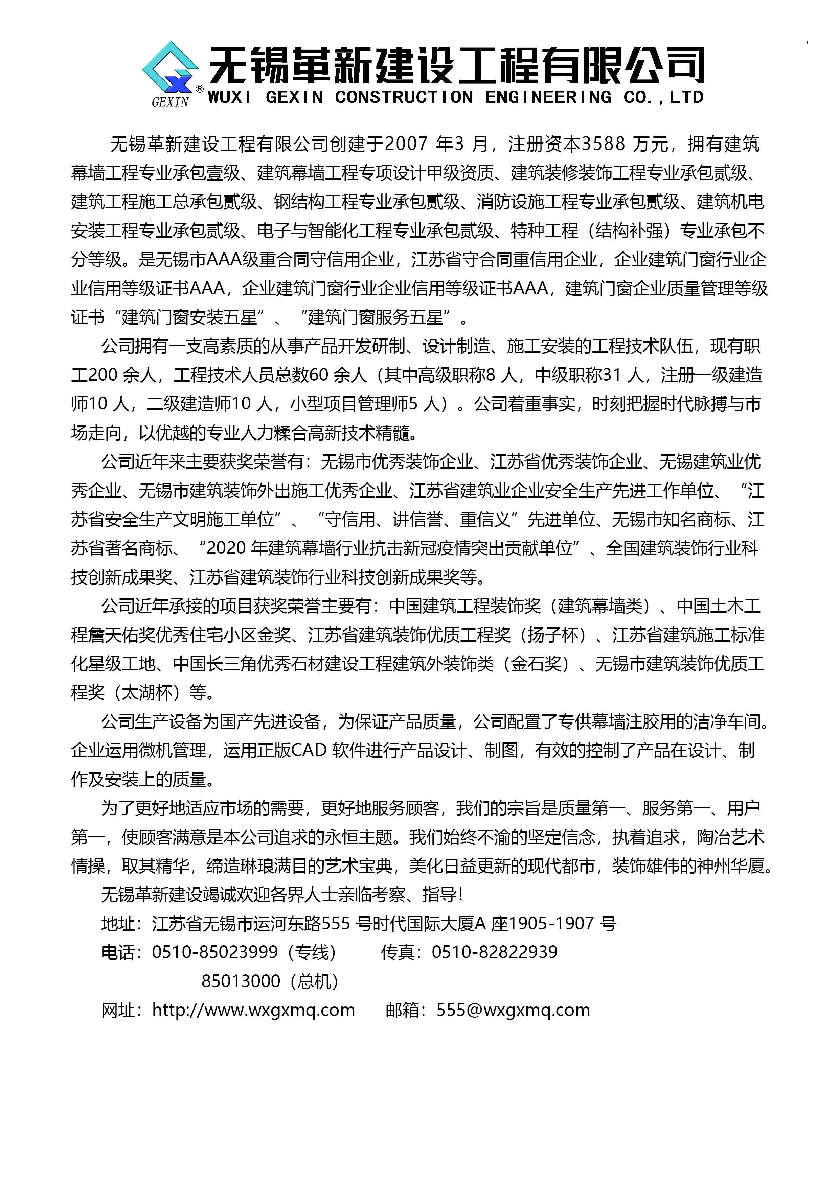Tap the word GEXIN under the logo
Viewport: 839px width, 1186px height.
coord(170,102)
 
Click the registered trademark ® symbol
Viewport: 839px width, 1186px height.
coord(199,89)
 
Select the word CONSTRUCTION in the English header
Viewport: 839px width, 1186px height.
coord(404,97)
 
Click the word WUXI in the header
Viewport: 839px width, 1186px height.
coord(229,97)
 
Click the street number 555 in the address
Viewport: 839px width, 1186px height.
coord(336,923)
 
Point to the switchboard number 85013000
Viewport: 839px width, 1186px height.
coord(241,980)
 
